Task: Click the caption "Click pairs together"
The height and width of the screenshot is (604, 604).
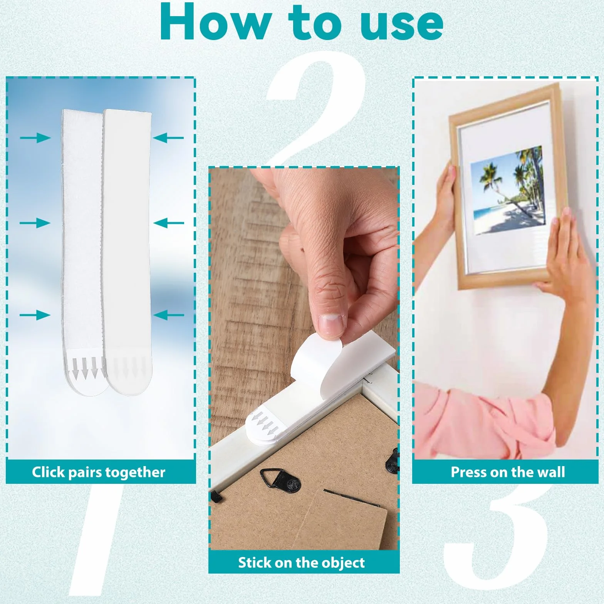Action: pos(99,472)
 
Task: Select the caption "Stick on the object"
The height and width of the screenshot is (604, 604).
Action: pos(301,563)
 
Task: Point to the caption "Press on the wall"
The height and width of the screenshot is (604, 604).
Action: pos(508,472)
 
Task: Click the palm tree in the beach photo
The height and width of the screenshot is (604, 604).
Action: pos(489,181)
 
